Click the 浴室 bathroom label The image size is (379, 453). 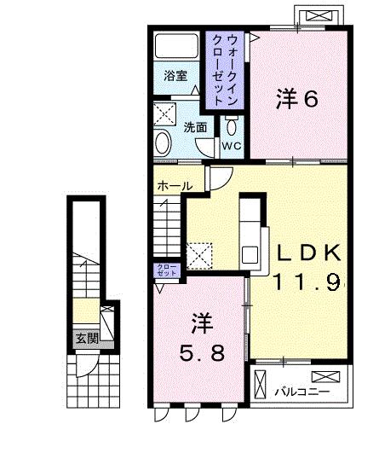pos(175,74)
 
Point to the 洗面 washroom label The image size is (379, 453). pos(195,127)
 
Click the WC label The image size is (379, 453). pos(233,146)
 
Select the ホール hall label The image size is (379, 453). pos(174,185)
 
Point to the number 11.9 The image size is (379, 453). pos(307,280)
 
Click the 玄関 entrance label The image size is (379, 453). pos(86,338)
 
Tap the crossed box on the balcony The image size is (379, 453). pos(326,377)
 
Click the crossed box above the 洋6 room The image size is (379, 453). pos(319,15)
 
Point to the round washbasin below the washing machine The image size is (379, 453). pos(163,142)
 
